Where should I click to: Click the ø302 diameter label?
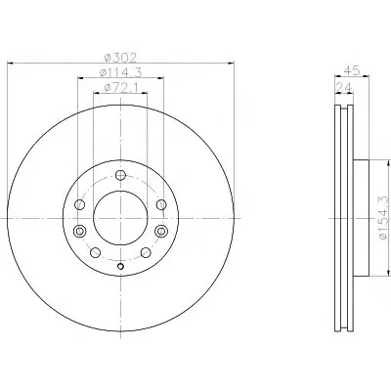120,58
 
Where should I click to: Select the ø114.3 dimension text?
120,73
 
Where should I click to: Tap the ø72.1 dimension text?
120,88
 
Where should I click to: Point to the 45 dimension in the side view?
352,70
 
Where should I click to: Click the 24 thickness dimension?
344,87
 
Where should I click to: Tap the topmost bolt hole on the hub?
120,175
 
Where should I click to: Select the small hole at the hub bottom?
120,267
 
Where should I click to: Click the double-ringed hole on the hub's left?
79,231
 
